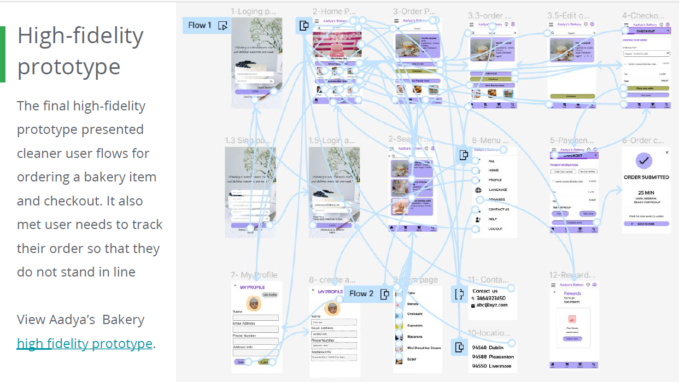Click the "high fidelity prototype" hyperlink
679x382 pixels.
85,344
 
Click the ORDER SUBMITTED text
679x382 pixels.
646,177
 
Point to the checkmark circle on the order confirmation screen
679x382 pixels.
646,161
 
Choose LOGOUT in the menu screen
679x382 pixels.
496,228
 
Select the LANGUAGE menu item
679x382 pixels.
497,190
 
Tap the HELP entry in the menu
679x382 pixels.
493,219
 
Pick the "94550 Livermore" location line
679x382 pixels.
491,366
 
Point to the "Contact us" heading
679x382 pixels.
485,291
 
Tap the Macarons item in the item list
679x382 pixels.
415,337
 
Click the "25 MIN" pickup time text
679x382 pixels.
646,193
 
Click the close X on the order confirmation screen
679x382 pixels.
666,152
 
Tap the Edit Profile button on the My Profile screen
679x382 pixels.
270,295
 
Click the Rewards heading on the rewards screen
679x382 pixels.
572,293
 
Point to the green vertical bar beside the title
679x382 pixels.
3,54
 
